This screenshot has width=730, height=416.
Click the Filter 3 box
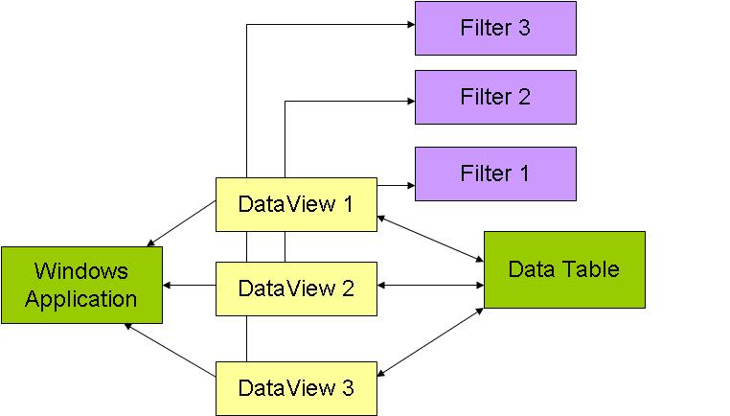click(x=494, y=28)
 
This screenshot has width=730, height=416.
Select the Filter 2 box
click(x=494, y=97)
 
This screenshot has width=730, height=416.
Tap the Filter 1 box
click(x=494, y=173)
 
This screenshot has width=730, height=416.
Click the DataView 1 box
click(x=295, y=204)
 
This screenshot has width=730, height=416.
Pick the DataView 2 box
click(x=295, y=288)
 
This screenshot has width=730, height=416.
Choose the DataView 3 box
click(x=295, y=388)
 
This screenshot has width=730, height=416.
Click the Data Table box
click(x=563, y=269)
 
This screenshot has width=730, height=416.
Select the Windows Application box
click(x=81, y=285)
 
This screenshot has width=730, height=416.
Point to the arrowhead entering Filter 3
click(x=409, y=24)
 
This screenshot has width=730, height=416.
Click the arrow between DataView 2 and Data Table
click(x=430, y=285)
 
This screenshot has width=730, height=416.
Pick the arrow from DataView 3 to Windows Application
click(x=170, y=348)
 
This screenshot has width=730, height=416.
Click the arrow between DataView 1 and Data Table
click(x=430, y=239)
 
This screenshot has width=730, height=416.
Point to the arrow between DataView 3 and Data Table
click(x=430, y=342)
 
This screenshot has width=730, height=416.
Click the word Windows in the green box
click(x=80, y=271)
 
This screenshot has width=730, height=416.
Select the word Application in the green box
click(x=81, y=298)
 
